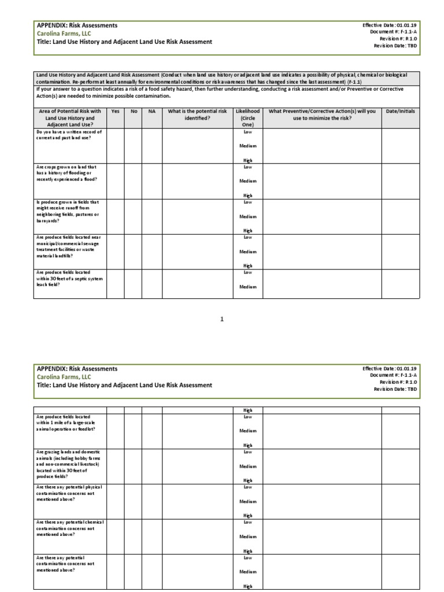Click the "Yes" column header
(x=116, y=111)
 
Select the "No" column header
(x=134, y=111)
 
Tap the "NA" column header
(x=152, y=111)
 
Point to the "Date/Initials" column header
(x=401, y=111)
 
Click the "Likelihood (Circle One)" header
(x=247, y=117)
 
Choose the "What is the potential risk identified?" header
(x=197, y=114)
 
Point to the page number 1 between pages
(x=221, y=319)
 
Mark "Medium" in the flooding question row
(x=247, y=181)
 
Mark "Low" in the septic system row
(x=247, y=272)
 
